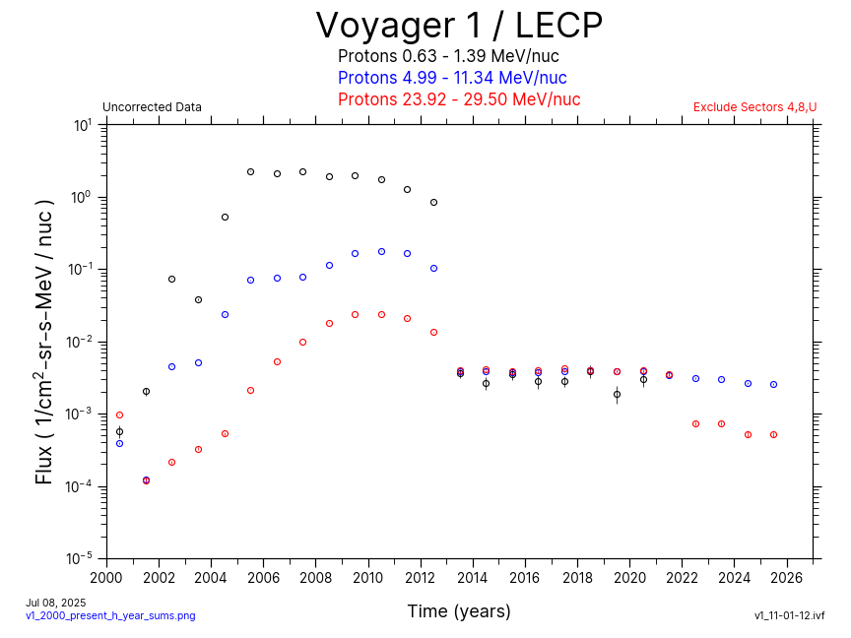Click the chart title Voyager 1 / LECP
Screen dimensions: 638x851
[459, 26]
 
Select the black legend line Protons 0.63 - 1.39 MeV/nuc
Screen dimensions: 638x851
[448, 56]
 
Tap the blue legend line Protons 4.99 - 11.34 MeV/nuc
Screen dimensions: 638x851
[452, 78]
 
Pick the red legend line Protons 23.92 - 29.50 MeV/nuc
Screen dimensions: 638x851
[459, 99]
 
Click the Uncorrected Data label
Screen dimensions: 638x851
[152, 107]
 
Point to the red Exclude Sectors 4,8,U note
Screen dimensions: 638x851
[754, 107]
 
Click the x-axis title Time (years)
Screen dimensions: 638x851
[459, 611]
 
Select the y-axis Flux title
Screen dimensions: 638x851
[44, 342]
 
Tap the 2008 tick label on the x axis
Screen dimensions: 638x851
[315, 578]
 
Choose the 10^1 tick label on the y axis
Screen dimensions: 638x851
[83, 125]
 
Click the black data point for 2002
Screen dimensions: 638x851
[171, 279]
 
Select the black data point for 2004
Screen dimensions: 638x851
[225, 217]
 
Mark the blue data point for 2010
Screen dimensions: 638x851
[381, 251]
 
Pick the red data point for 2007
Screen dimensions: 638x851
[302, 342]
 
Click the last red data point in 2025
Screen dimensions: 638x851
[773, 434]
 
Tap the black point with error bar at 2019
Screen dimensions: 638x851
[617, 394]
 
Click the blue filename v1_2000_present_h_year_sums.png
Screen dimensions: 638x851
[110, 615]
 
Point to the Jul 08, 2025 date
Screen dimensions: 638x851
[56, 603]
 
